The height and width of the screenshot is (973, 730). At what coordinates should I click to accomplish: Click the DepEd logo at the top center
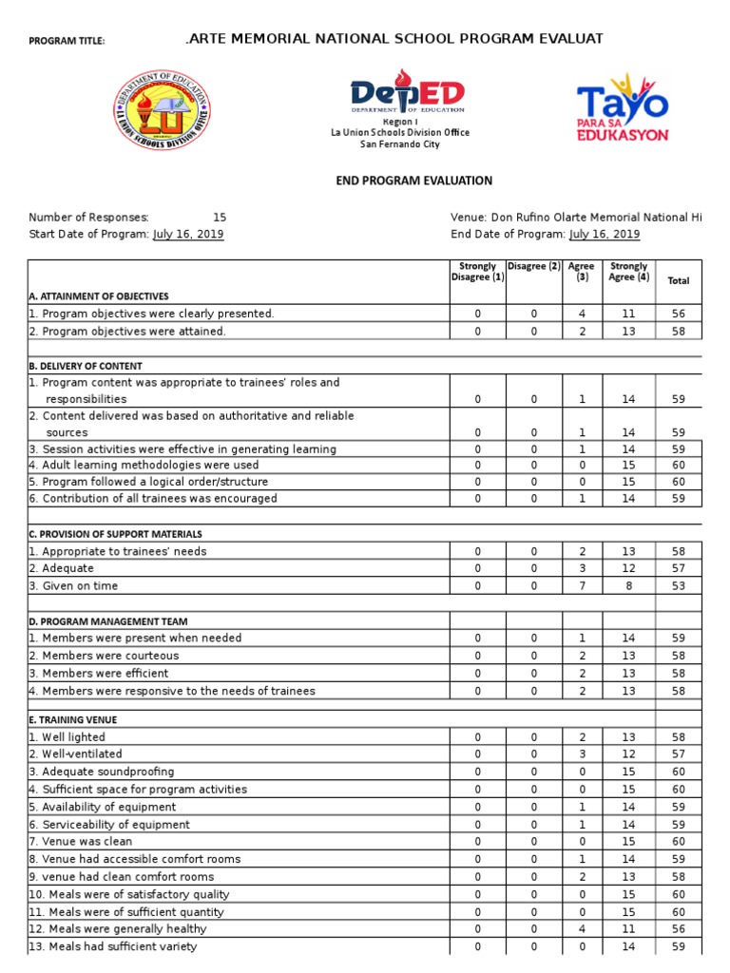coord(407,94)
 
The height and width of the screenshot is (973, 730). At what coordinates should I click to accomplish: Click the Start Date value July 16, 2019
coord(188,235)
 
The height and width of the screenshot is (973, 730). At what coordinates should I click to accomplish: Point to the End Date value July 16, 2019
coord(604,235)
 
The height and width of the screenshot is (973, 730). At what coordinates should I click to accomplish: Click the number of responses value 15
coord(220,218)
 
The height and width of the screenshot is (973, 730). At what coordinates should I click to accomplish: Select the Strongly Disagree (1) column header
coord(477,272)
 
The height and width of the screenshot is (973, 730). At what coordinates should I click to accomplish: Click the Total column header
coord(679,281)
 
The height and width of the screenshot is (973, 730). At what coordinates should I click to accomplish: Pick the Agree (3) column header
coord(582,272)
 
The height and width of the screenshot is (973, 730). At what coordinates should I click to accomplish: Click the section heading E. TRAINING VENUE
coord(73,720)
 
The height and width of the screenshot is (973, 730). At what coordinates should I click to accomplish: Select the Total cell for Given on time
coord(679,585)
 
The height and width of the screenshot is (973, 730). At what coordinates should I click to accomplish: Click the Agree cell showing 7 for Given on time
coord(582,585)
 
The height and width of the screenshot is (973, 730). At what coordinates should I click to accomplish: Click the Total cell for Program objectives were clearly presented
coord(679,314)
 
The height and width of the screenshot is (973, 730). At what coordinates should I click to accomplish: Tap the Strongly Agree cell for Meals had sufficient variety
coord(628,946)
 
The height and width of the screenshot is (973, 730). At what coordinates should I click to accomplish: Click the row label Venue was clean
coord(81,841)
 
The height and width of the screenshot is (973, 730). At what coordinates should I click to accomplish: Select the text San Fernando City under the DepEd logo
coord(399,144)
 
